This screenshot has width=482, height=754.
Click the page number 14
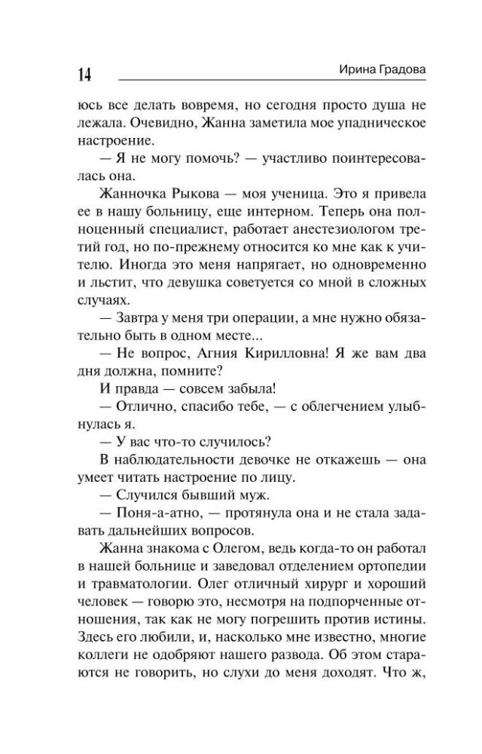coord(84,75)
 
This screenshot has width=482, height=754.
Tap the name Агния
coord(221,352)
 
